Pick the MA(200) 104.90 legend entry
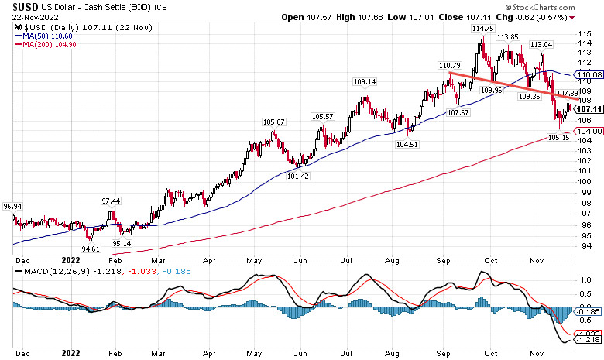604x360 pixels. pos(47,44)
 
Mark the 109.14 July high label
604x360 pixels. pos(365,81)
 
